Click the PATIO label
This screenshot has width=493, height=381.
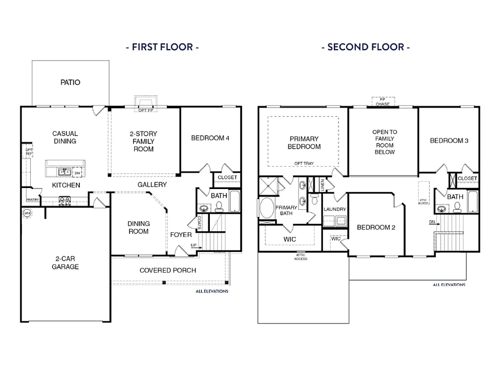(x=70, y=82)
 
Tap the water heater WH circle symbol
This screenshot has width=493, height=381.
(x=26, y=213)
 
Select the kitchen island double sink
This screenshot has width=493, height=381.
(x=64, y=172)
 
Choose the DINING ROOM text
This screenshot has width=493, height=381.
(x=138, y=227)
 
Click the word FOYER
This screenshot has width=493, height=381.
(x=181, y=234)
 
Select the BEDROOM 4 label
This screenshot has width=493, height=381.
(x=210, y=138)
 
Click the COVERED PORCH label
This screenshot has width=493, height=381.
(x=168, y=270)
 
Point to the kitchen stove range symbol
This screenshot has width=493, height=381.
(x=65, y=201)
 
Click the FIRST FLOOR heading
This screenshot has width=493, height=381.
(x=162, y=47)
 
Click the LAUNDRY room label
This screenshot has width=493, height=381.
(x=335, y=209)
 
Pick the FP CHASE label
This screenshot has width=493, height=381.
(x=382, y=102)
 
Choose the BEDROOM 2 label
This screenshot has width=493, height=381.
(x=376, y=227)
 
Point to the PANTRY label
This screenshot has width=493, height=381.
(x=33, y=200)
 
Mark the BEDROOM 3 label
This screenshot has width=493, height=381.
(x=449, y=140)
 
